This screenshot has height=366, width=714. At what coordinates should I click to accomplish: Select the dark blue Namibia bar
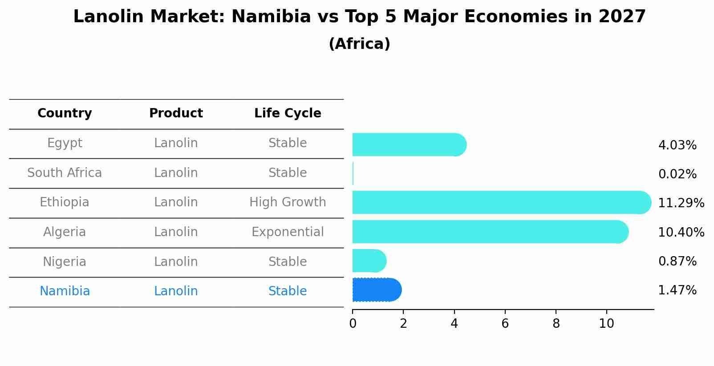tap(376, 290)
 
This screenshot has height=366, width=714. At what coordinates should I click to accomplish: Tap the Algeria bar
tap(490, 232)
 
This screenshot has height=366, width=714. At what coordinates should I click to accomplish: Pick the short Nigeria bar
tap(369, 261)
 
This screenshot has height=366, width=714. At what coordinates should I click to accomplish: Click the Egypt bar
tap(409, 145)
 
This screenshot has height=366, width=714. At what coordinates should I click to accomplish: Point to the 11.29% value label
tap(681, 203)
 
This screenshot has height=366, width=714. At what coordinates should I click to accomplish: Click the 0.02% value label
tap(677, 174)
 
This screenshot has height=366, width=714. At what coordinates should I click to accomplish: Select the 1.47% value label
tap(677, 290)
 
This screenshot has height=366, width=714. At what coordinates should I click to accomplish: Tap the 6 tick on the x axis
tap(505, 324)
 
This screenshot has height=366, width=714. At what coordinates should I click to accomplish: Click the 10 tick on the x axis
tap(606, 324)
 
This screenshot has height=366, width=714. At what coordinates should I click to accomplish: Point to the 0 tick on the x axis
tap(353, 324)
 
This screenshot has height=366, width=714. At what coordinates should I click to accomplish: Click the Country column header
tap(65, 113)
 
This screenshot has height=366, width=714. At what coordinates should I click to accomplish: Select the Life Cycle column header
tap(288, 113)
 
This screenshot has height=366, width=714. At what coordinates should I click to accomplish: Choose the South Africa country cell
tap(65, 173)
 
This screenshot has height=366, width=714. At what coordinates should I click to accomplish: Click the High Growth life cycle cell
tap(288, 202)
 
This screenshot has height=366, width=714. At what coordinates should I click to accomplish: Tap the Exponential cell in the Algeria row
tap(288, 232)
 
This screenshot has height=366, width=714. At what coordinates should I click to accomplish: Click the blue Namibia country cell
tap(65, 291)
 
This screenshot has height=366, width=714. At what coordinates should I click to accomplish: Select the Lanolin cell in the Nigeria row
tap(176, 261)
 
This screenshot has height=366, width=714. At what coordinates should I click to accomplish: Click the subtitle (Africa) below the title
tap(359, 44)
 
